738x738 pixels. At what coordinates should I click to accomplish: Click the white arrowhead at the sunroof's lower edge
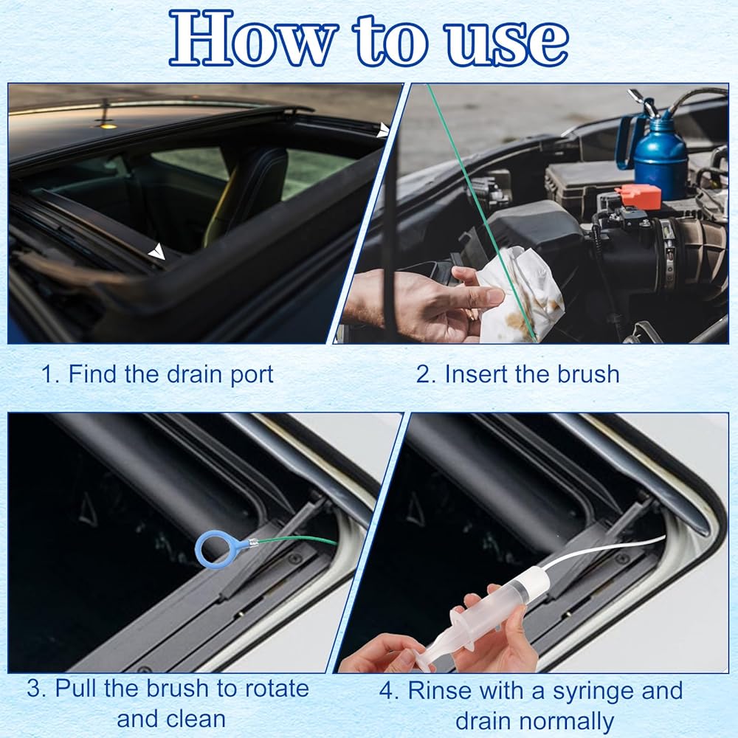[156, 252]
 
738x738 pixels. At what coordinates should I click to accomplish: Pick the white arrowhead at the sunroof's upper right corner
[383, 130]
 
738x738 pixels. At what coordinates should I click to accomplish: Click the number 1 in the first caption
[46, 375]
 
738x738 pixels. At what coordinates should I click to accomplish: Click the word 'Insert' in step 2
[477, 375]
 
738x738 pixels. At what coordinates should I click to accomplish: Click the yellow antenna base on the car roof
[106, 124]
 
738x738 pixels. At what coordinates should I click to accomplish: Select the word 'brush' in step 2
[588, 375]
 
